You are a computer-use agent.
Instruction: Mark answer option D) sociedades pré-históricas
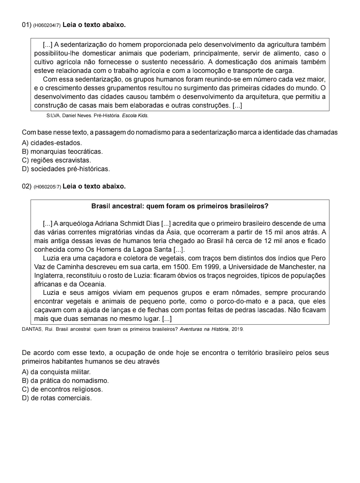click(66, 169)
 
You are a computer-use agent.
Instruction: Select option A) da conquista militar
click(56, 372)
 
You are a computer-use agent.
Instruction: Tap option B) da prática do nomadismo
click(65, 380)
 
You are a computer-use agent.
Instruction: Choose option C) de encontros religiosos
click(62, 389)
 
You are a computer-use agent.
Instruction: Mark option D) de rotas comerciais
click(57, 398)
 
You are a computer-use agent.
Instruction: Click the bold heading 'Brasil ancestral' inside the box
click(180, 206)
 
